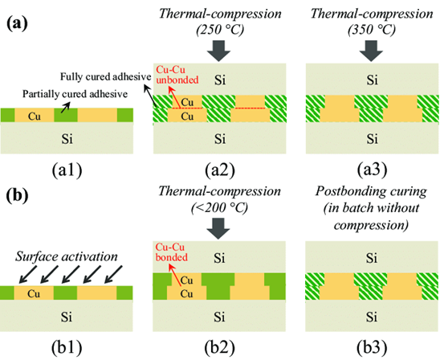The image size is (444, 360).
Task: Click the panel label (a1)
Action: pos(67,170)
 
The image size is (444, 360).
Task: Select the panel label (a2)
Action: pos(220,170)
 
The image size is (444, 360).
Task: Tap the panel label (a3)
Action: pos(372,170)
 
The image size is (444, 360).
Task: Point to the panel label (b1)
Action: pos(67,347)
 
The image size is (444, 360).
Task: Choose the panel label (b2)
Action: pos(220,347)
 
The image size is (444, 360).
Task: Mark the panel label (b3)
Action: pos(372,347)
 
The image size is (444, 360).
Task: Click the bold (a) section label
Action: pos(17,24)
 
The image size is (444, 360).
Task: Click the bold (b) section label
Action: pos(18,195)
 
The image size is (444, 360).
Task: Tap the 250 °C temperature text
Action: pos(220,30)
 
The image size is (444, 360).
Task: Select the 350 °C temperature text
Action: pos(372,30)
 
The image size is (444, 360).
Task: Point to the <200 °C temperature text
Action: pos(219,208)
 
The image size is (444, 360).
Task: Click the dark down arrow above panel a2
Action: pos(218,51)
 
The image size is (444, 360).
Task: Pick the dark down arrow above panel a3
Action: pos(371,51)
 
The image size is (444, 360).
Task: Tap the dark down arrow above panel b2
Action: pos(218,228)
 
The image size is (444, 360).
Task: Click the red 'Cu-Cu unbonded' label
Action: pos(177,75)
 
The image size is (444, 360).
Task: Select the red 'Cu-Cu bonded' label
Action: pos(172,252)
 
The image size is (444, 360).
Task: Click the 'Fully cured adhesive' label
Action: pos(106,76)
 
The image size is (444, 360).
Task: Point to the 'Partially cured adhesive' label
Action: pos(75,94)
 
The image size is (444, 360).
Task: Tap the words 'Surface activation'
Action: pos(67,256)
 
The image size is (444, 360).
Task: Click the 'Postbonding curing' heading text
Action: pos(371,191)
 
